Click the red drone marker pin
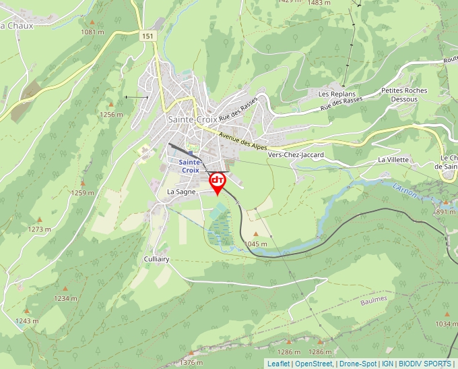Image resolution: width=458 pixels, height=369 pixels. point(218,183)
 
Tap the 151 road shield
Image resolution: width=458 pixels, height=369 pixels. point(148,36)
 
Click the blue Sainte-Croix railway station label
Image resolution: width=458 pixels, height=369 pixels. point(190,166)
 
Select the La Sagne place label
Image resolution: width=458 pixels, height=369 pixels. point(181,192)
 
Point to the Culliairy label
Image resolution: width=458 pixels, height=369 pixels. point(156,258)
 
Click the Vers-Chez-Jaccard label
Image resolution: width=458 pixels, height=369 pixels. point(296,154)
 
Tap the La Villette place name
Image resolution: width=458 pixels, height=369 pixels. point(394,160)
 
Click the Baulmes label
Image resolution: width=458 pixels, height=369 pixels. point(374,298)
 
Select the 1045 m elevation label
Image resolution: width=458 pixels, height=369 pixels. point(256,244)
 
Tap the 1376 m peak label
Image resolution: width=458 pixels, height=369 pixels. point(191,362)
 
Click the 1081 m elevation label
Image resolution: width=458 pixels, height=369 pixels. point(92,32)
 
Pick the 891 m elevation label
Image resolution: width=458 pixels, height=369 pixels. point(445,212)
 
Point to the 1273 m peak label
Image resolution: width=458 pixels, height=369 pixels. point(39,229)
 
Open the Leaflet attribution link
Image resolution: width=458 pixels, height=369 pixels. point(278,364)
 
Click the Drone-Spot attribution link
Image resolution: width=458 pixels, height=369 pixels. point(358,364)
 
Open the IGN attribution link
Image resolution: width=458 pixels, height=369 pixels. point(387,364)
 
